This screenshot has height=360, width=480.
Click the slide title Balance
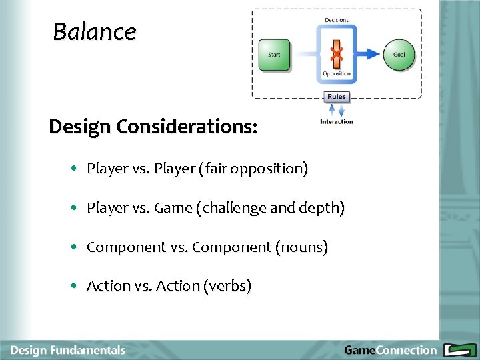click(x=94, y=31)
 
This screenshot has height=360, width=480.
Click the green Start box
click(x=274, y=55)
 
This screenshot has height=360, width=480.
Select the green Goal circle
click(x=399, y=55)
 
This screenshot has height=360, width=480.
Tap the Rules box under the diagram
click(x=337, y=97)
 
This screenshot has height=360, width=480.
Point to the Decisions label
click(x=337, y=20)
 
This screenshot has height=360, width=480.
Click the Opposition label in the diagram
click(x=337, y=73)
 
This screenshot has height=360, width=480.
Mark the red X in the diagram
click(x=337, y=53)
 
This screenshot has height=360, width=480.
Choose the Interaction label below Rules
click(x=337, y=122)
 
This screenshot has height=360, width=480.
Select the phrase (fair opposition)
click(x=253, y=169)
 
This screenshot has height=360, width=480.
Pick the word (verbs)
click(x=229, y=286)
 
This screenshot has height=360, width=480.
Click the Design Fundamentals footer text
click(x=67, y=350)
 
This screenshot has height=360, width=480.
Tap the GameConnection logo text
click(x=390, y=350)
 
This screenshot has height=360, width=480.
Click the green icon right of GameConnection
click(x=459, y=349)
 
